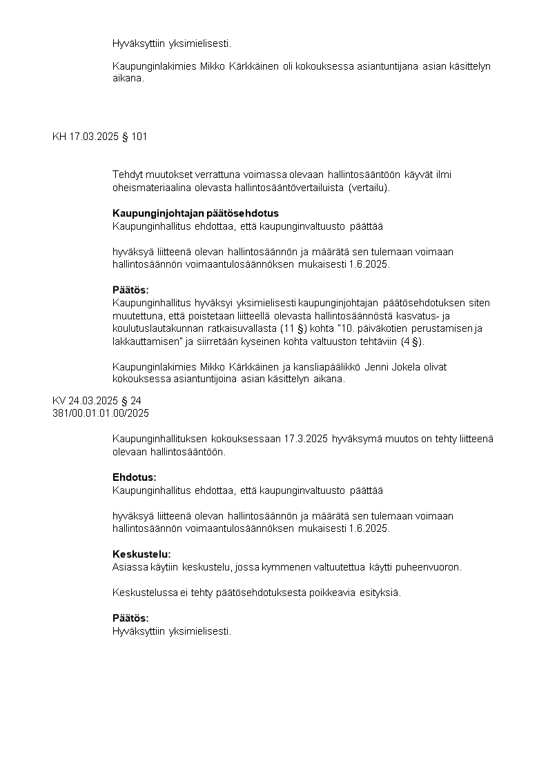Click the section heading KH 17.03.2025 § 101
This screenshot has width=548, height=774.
[x=99, y=137]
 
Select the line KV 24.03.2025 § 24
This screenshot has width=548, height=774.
[x=97, y=401]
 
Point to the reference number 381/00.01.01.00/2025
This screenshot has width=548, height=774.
[x=100, y=413]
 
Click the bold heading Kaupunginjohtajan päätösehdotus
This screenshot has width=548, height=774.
[x=195, y=213]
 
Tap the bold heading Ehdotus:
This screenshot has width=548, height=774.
[x=135, y=477]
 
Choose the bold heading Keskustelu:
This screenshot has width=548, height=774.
[x=141, y=554]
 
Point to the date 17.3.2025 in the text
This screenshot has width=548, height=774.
[x=306, y=439]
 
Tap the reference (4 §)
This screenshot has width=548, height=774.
[x=412, y=341]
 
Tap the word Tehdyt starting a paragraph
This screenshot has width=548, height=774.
[x=128, y=175]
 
